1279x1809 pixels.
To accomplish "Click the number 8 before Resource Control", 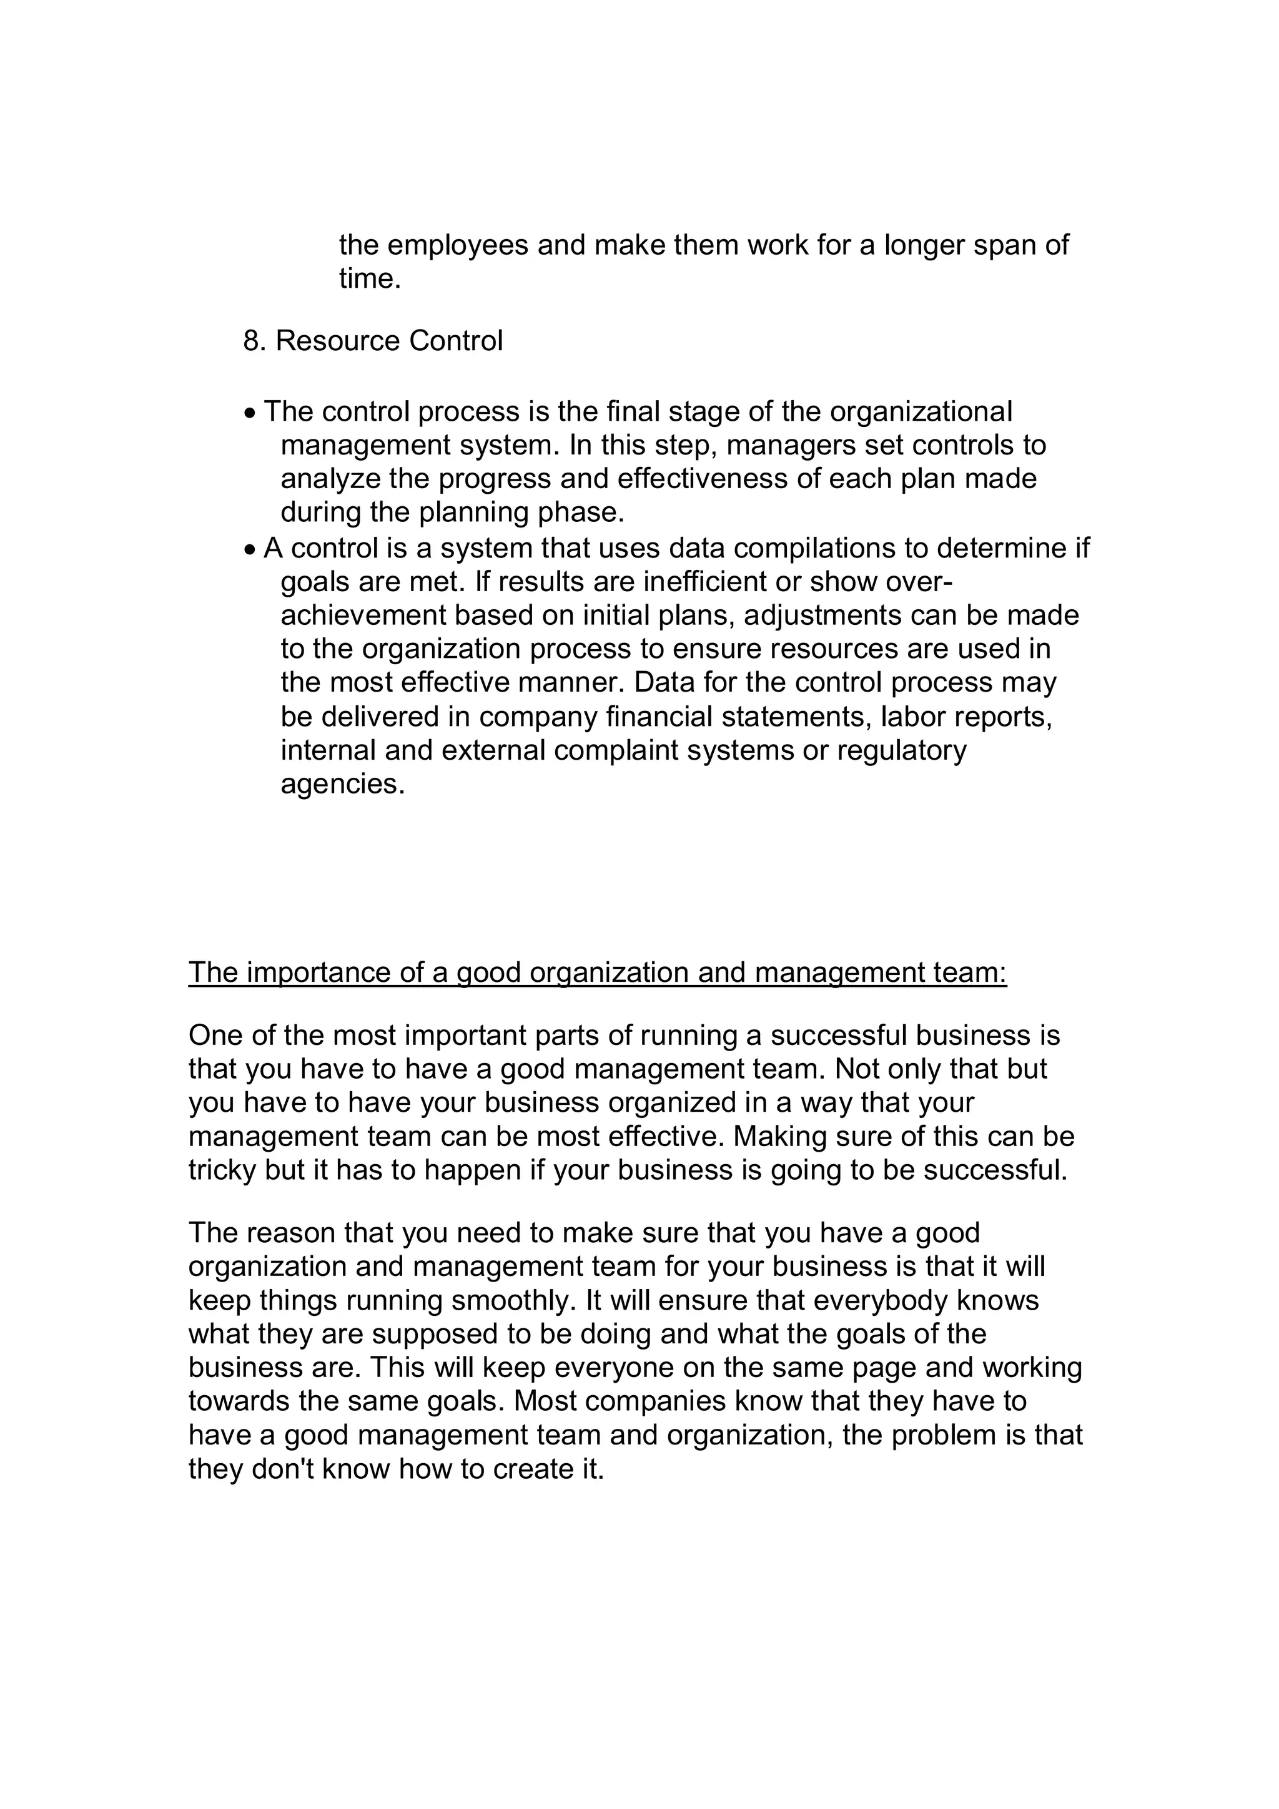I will [250, 341].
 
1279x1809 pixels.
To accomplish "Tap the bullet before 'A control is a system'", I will [250, 550].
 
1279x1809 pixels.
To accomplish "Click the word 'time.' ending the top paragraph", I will [370, 279].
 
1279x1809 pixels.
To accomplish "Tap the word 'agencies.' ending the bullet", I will [342, 785].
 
